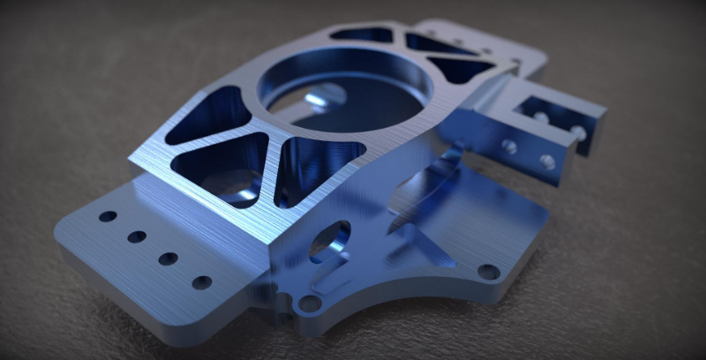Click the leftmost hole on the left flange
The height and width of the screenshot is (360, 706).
click(108, 216)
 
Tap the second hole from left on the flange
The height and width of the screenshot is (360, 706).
click(137, 236)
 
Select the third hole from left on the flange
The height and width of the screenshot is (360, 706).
click(168, 259)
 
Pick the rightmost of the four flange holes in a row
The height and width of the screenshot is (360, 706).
click(202, 282)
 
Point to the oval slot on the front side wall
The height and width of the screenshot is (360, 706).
click(330, 241)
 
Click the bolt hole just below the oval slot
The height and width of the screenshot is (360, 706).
click(309, 303)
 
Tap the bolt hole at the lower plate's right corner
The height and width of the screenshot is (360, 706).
click(488, 272)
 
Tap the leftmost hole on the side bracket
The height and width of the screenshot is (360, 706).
click(509, 146)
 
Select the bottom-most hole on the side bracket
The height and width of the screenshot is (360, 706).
click(547, 162)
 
